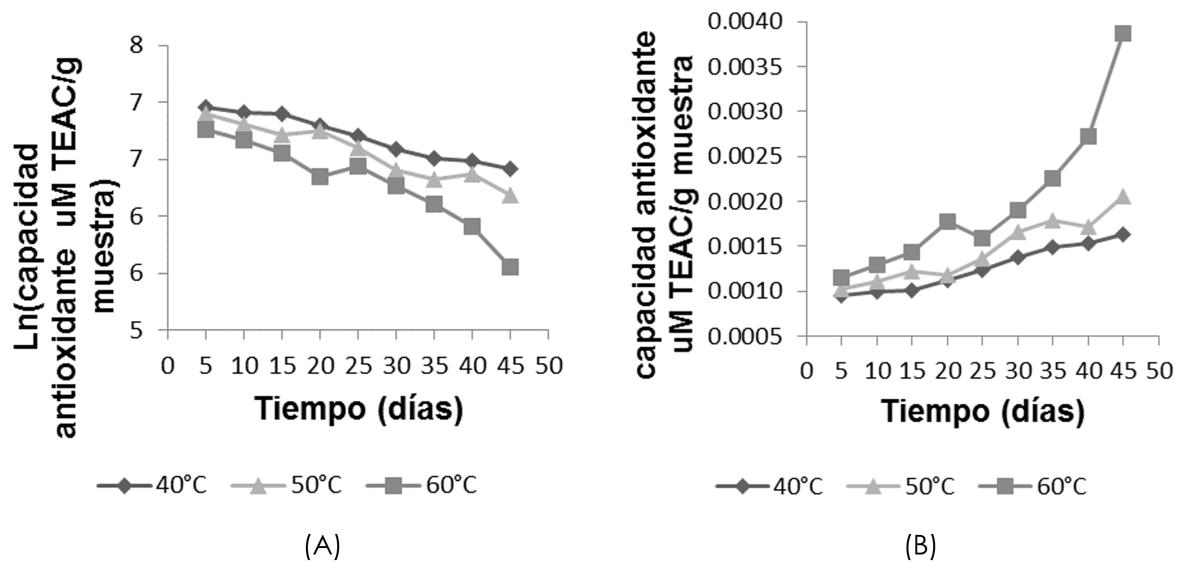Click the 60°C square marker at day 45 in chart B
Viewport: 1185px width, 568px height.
coord(1123,34)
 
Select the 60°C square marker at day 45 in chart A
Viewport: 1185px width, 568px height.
coord(510,267)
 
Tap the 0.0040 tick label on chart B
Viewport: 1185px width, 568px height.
coord(744,22)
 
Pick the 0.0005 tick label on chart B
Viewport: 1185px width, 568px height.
coord(744,336)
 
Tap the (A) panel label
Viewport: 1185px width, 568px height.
coord(322,547)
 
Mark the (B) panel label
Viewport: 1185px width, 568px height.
coord(921,547)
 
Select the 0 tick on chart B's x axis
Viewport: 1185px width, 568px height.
coord(806,371)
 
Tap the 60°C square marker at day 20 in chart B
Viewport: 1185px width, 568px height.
coord(948,221)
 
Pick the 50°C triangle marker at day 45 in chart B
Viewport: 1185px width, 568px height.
coord(1123,198)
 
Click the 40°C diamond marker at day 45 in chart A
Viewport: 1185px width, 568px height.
coord(510,169)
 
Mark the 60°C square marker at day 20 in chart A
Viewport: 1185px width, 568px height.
coord(320,177)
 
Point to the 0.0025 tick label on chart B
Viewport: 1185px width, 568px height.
coord(744,157)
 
